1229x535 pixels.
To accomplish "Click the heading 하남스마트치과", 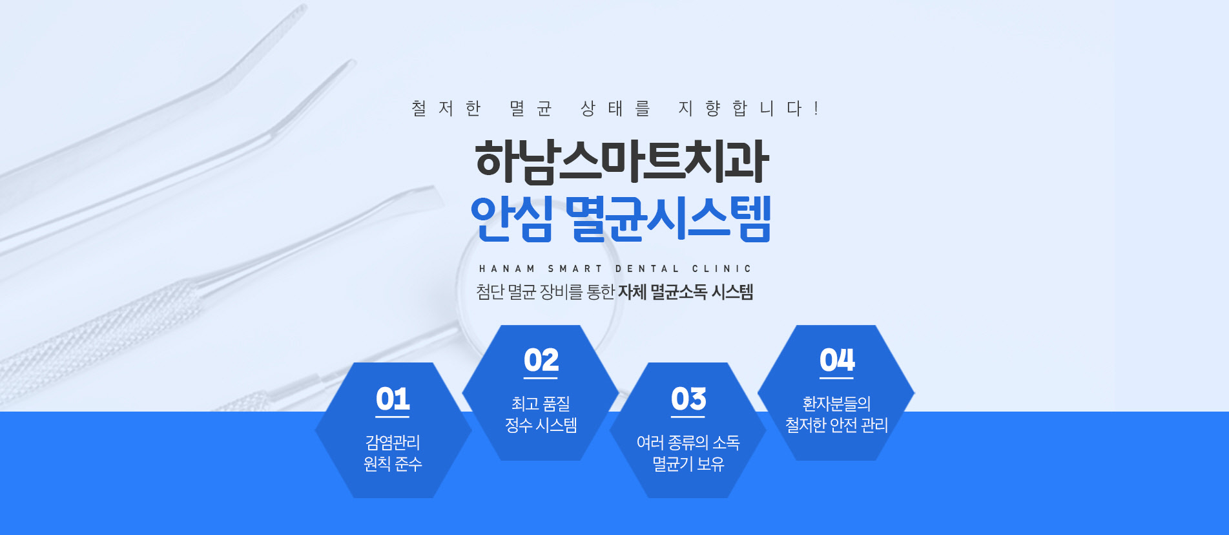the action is click(x=622, y=161).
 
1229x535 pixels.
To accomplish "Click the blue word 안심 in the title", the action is click(x=511, y=219).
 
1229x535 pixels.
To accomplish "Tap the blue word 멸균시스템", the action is click(x=668, y=219).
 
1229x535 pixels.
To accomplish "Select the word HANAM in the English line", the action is click(x=507, y=269).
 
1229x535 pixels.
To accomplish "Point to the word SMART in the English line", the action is click(x=575, y=269).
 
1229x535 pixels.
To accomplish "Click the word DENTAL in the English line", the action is click(x=647, y=269).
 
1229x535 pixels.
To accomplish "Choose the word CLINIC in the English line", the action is click(x=722, y=269).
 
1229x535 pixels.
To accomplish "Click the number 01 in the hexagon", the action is click(x=393, y=399).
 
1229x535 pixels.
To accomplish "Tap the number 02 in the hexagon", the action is click(x=541, y=360).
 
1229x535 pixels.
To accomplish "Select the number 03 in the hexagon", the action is click(x=688, y=399).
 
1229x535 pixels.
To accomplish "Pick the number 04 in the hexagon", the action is click(x=837, y=360).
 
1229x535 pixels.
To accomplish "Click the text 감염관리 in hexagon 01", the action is click(x=393, y=443).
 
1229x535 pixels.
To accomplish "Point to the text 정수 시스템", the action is click(x=541, y=425).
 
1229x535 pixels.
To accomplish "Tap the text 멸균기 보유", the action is click(x=688, y=464).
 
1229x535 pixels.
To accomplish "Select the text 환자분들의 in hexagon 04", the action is click(x=837, y=404).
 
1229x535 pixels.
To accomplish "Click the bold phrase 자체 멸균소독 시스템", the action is click(x=686, y=292).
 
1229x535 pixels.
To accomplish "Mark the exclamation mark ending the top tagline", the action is click(x=816, y=108).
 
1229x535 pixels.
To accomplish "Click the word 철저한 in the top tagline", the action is click(x=446, y=108).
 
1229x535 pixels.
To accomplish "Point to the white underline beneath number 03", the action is click(x=688, y=417).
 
